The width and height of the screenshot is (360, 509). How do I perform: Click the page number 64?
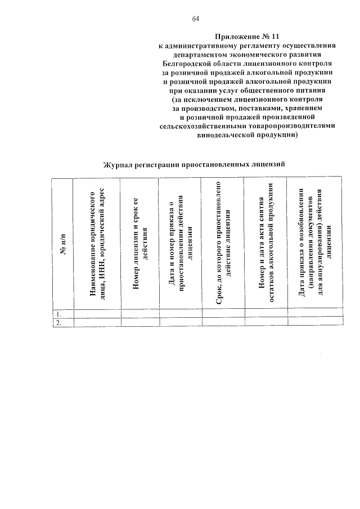point(195,19)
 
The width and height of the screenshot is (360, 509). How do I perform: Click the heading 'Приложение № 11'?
point(247,36)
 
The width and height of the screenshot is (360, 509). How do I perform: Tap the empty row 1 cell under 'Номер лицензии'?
point(139,313)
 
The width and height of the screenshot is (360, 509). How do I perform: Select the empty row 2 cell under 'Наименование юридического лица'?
point(97,322)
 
